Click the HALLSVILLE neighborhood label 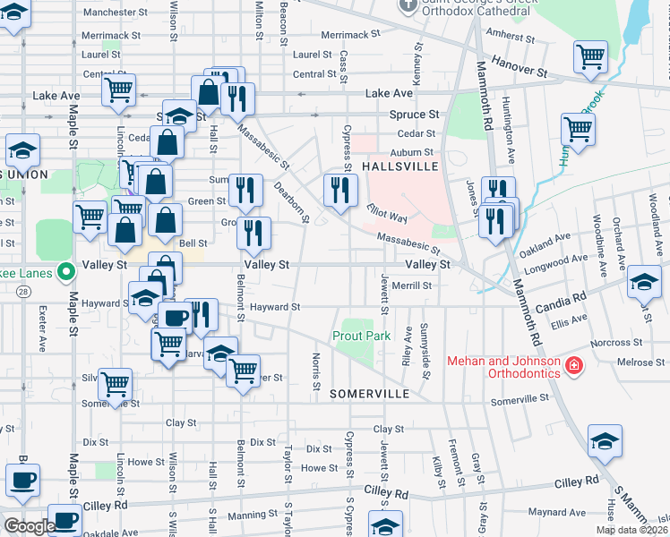tap(399, 167)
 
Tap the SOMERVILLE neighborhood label tap(369, 394)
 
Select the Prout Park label tap(362, 336)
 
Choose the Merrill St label tap(411, 286)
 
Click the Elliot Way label tap(387, 212)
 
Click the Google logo tap(29, 526)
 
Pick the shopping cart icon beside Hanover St tap(590, 57)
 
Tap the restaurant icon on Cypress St tap(339, 190)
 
